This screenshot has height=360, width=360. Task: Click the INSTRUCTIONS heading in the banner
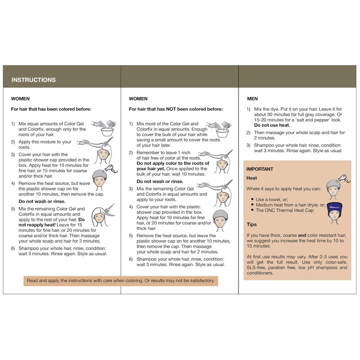pos(33,80)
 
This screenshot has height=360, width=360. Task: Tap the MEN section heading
pos(252,99)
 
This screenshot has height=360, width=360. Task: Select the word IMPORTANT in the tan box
pos(260,169)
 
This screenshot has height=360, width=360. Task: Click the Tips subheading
pos(252,225)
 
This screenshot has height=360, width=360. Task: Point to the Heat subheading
pos(252,178)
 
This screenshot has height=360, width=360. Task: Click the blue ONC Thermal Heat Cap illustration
pos(334,213)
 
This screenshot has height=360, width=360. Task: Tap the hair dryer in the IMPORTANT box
pos(344,179)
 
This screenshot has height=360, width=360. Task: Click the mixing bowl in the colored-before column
pos(107,132)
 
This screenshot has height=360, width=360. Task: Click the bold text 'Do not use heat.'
pos(272,126)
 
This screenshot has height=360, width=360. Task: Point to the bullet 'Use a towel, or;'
pos(272,199)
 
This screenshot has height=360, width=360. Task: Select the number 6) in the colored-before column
pos(13,248)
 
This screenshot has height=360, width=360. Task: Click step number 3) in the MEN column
pos(248,145)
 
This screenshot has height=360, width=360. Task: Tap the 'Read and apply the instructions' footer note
pos(121,280)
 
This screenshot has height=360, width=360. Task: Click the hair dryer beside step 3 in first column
pos(111,169)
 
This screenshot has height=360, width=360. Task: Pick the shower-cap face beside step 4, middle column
pos(220,220)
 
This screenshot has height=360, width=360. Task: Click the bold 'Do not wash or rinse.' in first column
pos(42,202)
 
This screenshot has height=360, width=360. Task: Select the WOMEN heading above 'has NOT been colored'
pos(138,99)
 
